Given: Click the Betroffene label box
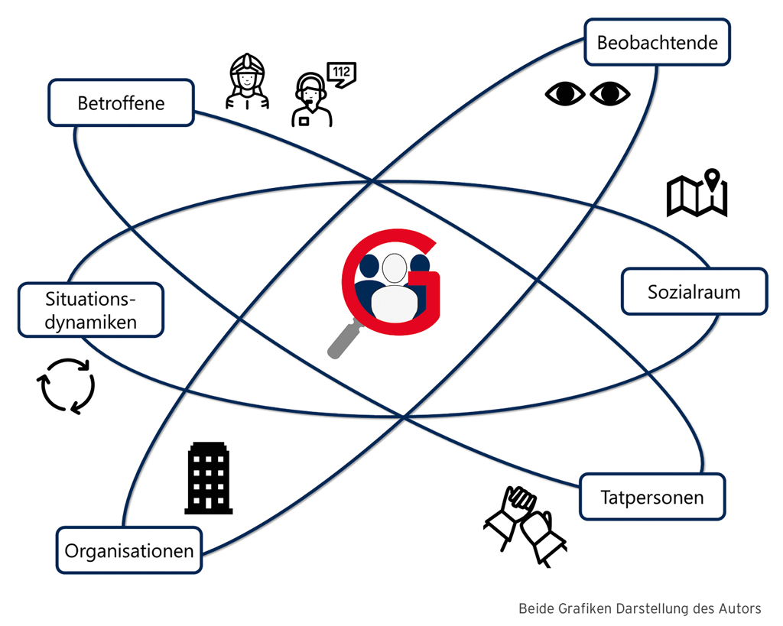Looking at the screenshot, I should [x=121, y=102].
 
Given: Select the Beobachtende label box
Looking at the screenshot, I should [x=657, y=43].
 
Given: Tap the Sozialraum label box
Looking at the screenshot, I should [x=694, y=291].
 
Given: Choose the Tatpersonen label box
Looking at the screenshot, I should [x=652, y=498].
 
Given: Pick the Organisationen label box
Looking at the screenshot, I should [x=128, y=550].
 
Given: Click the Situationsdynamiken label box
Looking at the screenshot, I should [x=90, y=310].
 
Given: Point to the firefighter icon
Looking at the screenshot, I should [x=247, y=82].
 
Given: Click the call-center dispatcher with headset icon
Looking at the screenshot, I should [x=310, y=102].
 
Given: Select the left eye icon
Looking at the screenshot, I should [x=564, y=93].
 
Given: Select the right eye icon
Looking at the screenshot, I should [x=609, y=93].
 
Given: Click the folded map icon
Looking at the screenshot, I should [x=697, y=196].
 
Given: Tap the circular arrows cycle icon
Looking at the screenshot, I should [x=67, y=386].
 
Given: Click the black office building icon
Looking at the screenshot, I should [x=208, y=478].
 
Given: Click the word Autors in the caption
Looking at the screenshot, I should [x=738, y=609].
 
